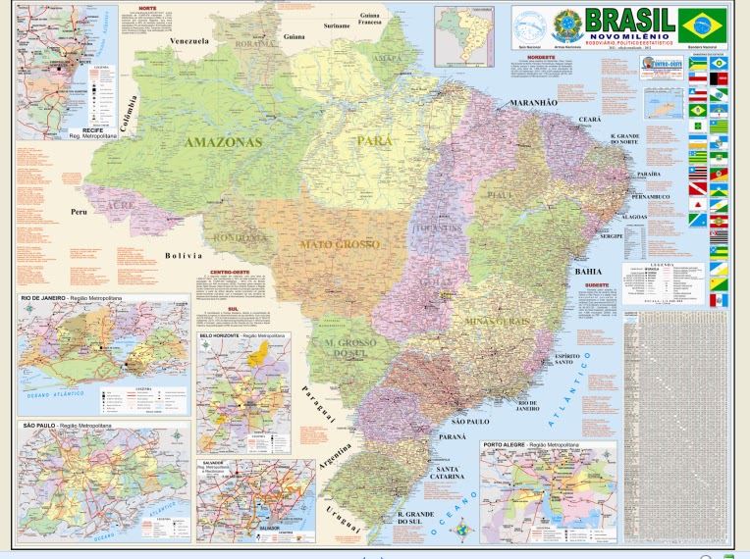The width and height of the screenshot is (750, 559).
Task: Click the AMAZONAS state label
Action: tap(224, 142)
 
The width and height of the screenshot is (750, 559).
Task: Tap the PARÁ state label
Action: tap(375, 141)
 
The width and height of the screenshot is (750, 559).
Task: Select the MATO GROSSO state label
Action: tap(340, 243)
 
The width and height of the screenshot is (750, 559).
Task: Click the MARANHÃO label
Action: tap(532, 103)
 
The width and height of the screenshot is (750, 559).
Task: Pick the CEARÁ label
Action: tap(589, 119)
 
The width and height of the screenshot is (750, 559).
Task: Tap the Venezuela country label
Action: tap(189, 41)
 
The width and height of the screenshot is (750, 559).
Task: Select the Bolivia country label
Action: tap(183, 255)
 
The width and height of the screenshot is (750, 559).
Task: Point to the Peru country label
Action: tap(80, 212)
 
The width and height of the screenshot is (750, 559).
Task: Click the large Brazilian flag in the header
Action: tap(703, 25)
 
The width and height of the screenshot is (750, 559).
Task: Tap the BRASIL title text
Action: tap(628, 19)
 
